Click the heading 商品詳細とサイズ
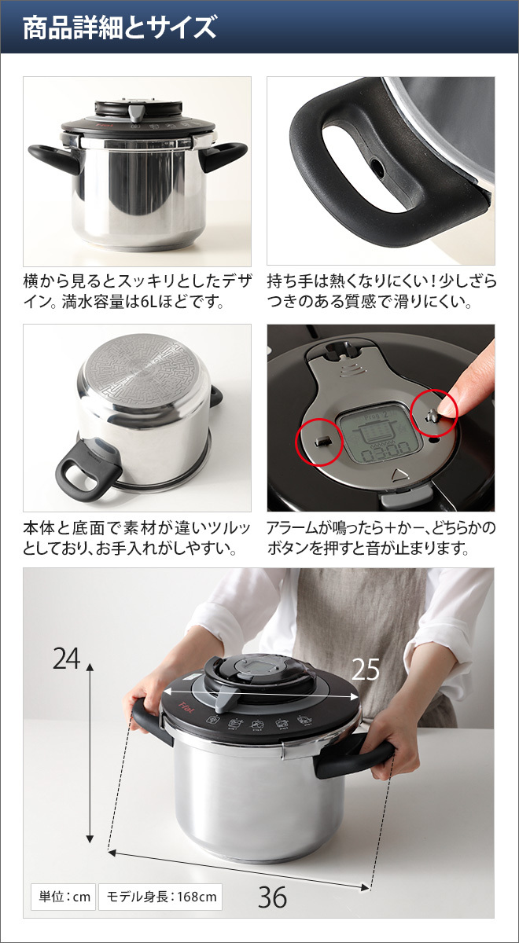coord(119,28)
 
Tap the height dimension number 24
coord(67,658)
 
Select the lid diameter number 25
coord(366,669)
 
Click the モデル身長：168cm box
coord(160,897)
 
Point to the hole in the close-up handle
coord(378,167)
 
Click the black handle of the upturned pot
coord(87,472)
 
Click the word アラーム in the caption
coord(292,527)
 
